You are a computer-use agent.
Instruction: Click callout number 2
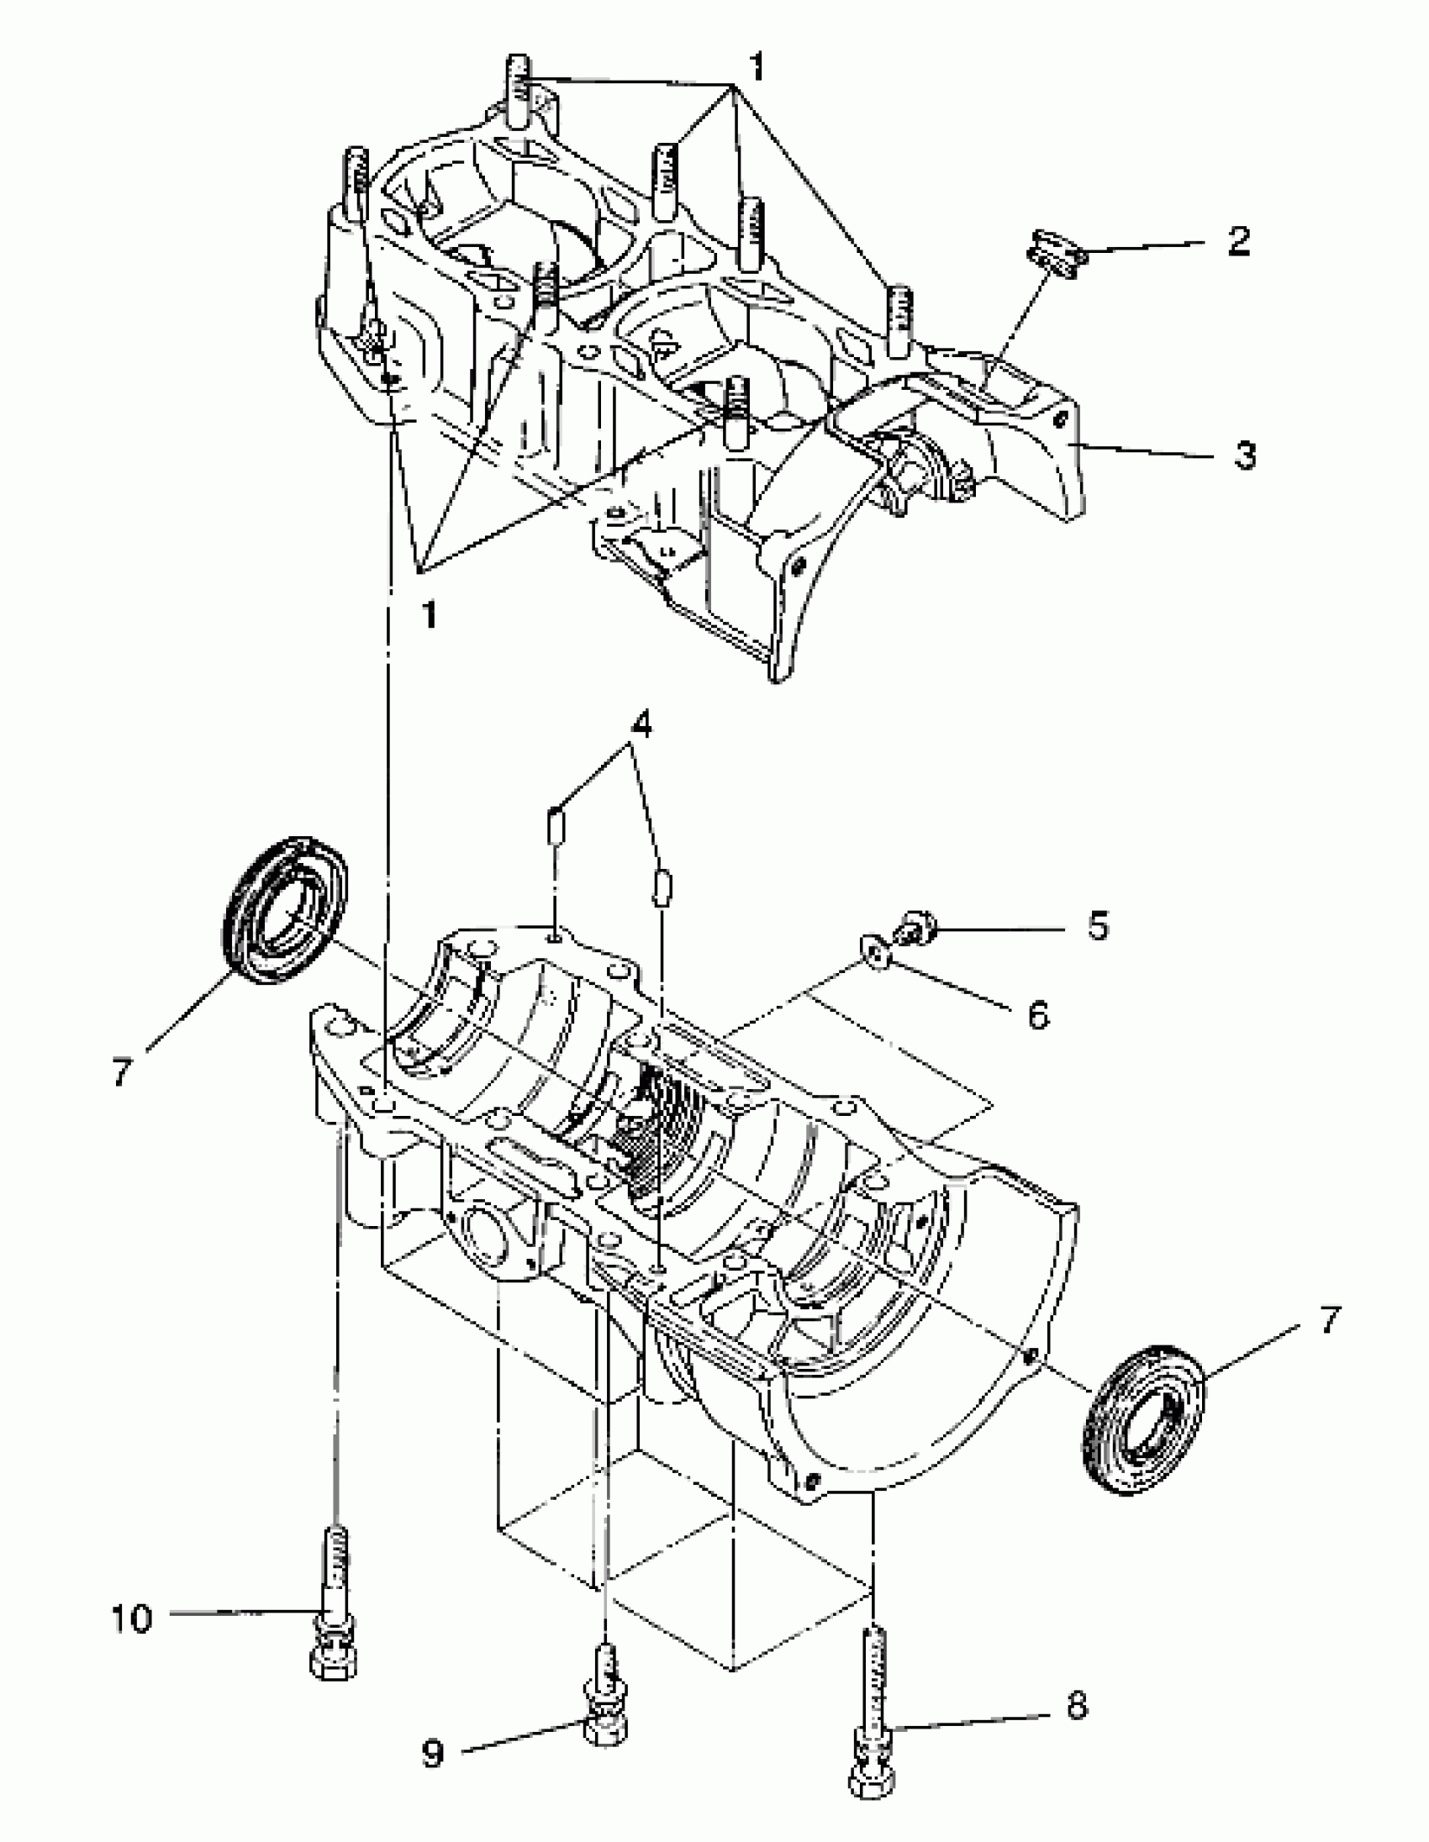[x=1237, y=241]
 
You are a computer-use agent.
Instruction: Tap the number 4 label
[x=642, y=724]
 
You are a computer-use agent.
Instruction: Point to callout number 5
[x=1098, y=926]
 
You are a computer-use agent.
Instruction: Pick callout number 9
[x=433, y=1755]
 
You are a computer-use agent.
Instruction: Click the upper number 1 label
[x=757, y=67]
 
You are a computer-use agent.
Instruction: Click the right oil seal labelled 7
[x=1143, y=1420]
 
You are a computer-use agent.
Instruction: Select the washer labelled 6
[x=875, y=953]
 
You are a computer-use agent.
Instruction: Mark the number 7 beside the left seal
[x=122, y=1072]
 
